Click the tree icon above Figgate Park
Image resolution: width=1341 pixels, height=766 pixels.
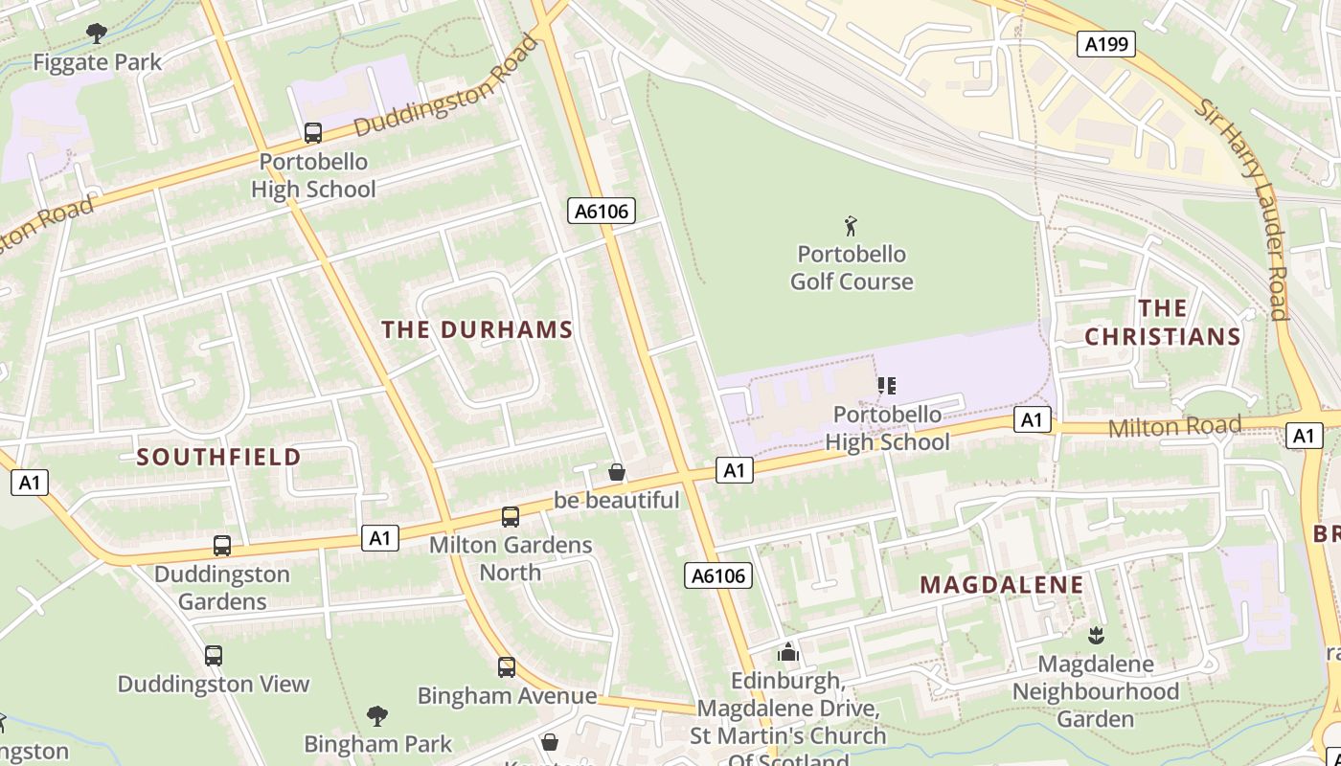point(97,34)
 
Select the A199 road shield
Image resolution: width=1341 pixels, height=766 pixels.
point(1106,44)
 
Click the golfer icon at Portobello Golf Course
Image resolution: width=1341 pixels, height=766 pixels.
point(851,226)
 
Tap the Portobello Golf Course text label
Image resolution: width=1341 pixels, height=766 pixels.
point(851,268)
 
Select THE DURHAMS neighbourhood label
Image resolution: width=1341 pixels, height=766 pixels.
point(477,329)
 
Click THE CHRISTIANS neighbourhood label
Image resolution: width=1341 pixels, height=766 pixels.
point(1163,323)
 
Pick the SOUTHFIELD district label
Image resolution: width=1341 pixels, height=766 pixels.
point(218,457)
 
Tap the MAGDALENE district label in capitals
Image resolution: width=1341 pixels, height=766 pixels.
point(1001,585)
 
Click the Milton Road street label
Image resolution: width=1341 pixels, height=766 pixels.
point(1174,426)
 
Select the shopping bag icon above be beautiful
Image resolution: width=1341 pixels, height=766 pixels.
point(617,472)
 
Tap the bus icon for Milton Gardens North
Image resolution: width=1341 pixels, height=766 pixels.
point(511,517)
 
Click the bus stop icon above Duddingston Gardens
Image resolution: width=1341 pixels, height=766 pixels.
point(222,546)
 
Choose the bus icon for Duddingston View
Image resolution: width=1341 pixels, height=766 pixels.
point(214,656)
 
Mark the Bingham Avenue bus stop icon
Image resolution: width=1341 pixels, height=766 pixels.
point(507,667)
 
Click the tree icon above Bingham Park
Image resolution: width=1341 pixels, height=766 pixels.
point(377,715)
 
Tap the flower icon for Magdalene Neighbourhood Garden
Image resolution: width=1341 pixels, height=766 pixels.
point(1096,635)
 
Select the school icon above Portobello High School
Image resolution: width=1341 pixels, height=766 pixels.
point(887,386)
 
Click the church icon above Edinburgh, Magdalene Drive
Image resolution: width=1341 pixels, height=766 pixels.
point(788,653)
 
